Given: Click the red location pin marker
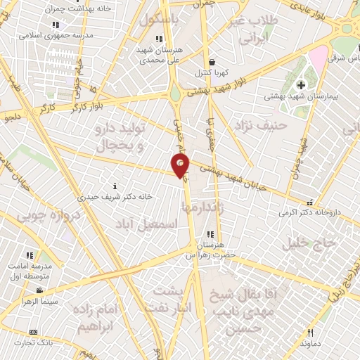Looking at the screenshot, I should point(180,165).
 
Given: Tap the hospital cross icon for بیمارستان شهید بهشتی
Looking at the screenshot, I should point(310,86).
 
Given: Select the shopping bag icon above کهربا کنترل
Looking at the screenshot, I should point(212,62).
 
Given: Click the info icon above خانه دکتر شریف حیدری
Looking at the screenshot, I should point(115,186).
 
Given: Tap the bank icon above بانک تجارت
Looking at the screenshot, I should point(33,331).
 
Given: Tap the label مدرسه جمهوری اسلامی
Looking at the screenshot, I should point(50,34).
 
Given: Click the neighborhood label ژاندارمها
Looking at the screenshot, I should point(205,207).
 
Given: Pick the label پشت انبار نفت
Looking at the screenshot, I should point(168,299).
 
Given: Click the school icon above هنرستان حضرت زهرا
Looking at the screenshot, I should point(210,234).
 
